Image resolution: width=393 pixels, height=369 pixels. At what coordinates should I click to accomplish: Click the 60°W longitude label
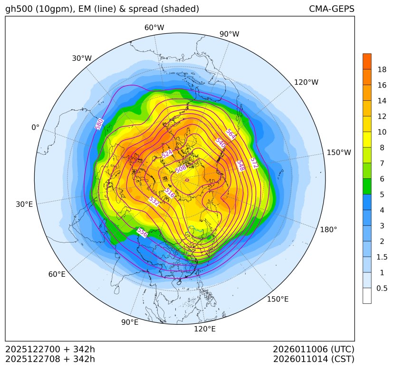tap(154, 28)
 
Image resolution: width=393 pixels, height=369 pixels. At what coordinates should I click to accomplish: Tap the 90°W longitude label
tap(229, 34)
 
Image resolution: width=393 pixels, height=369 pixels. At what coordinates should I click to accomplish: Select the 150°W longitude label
tap(339, 153)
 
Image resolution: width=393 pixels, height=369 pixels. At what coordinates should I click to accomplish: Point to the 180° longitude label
tap(328, 230)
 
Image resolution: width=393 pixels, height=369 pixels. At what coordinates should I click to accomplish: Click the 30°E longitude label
tap(24, 204)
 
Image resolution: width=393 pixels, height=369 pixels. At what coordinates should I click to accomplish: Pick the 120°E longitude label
tap(205, 329)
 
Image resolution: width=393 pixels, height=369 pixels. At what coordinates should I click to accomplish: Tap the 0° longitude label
tap(35, 127)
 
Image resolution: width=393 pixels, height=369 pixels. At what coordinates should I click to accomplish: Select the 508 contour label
tap(181, 169)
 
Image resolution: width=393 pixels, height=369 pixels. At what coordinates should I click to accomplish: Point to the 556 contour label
tap(142, 233)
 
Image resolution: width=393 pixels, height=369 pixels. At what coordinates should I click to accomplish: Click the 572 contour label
tap(254, 163)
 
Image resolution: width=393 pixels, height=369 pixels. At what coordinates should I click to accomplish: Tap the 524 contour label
tap(167, 154)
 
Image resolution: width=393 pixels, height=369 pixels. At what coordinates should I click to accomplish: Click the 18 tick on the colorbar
tap(382, 70)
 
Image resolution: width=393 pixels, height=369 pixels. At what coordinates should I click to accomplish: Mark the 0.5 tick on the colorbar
tap(382, 288)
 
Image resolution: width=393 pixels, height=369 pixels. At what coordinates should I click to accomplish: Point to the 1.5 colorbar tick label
tap(382, 257)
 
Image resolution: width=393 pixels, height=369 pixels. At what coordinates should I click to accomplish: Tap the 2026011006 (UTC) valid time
tap(314, 350)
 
